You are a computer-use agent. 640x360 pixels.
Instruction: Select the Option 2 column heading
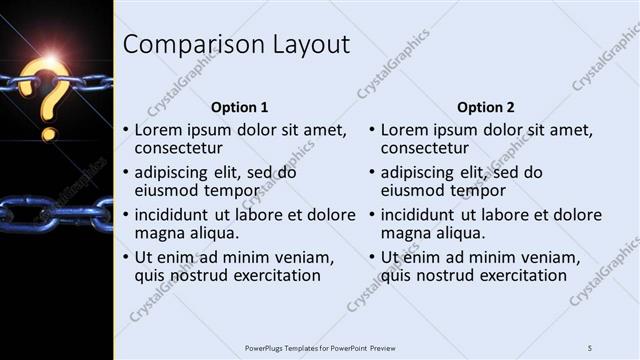click(x=486, y=106)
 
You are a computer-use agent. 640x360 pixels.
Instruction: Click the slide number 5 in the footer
click(x=590, y=347)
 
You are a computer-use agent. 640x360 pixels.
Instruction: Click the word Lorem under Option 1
click(x=160, y=130)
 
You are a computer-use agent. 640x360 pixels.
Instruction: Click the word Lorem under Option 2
click(x=406, y=130)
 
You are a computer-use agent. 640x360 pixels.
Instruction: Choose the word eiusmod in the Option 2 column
click(x=413, y=191)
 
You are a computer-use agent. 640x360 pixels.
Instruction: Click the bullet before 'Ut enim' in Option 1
click(x=125, y=257)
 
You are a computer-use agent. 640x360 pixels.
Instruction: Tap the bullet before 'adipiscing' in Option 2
click(x=371, y=173)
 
